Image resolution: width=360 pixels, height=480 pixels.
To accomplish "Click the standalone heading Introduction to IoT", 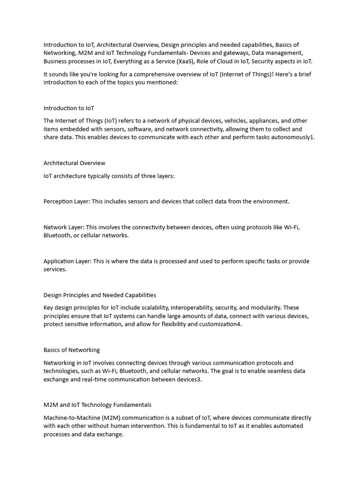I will coord(69,108).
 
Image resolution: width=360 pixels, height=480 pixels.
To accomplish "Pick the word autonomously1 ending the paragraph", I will coord(295,137).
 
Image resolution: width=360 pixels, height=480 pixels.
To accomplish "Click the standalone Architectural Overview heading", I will coord(75,163).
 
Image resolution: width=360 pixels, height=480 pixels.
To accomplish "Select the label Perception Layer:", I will coord(67,201).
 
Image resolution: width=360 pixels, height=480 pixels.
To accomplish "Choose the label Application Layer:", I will coord(67,261).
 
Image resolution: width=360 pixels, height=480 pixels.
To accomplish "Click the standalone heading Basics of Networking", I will coord(72,350).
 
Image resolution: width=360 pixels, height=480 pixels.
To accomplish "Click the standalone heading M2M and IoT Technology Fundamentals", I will coord(97,405).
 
